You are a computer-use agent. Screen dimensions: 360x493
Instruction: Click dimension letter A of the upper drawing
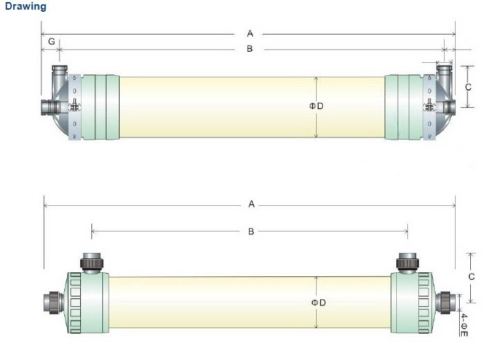250,33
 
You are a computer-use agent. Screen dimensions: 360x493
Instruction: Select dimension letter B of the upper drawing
250,49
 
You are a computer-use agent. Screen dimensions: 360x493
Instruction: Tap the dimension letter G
51,42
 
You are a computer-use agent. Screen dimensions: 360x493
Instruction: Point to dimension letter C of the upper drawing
468,87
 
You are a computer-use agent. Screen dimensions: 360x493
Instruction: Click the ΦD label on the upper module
316,106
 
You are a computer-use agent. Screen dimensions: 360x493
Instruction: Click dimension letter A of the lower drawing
252,205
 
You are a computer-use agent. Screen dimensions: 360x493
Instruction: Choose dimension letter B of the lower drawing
250,231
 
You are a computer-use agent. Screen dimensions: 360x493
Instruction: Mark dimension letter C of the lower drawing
471,277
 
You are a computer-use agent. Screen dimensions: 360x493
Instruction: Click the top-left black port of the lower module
91,262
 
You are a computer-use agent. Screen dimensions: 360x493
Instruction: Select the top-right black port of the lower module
407,262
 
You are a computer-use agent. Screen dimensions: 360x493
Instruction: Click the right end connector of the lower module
448,302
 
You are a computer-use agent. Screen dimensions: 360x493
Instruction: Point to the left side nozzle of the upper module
50,107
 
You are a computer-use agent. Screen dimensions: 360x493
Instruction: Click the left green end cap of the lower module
86,303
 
